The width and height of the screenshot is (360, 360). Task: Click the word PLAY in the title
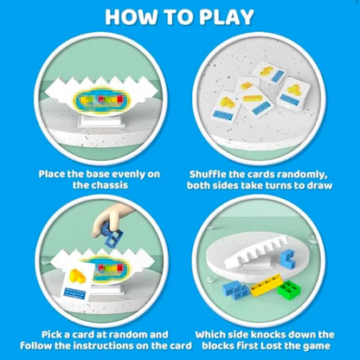click(x=227, y=17)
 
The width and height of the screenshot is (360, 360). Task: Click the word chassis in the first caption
click(x=100, y=185)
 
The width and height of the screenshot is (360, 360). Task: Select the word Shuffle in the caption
click(x=208, y=174)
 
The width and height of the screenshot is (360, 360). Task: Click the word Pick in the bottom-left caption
click(x=51, y=335)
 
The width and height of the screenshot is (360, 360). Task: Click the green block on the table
click(x=290, y=289)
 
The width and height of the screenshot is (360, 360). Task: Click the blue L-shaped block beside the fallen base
click(x=287, y=257)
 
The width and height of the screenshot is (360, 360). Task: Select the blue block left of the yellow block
click(x=236, y=290)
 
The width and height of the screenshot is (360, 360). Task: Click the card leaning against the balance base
click(x=77, y=280)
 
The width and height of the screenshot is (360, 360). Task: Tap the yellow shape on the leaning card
click(x=78, y=275)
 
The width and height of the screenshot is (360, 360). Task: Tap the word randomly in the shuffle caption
click(x=302, y=175)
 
